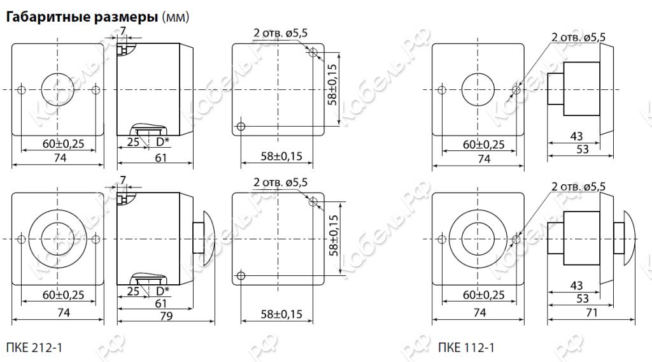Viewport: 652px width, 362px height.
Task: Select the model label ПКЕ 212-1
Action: pos(34,347)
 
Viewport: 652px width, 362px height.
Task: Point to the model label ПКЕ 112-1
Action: pos(465,347)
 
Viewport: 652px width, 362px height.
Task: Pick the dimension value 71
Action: pos(592,312)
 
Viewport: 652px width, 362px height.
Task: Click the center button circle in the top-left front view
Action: pos(58,89)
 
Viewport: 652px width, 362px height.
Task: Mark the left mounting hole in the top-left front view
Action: pos(22,89)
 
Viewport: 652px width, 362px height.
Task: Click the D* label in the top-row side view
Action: pos(162,143)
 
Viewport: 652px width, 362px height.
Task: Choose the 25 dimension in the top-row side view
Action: pos(132,143)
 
